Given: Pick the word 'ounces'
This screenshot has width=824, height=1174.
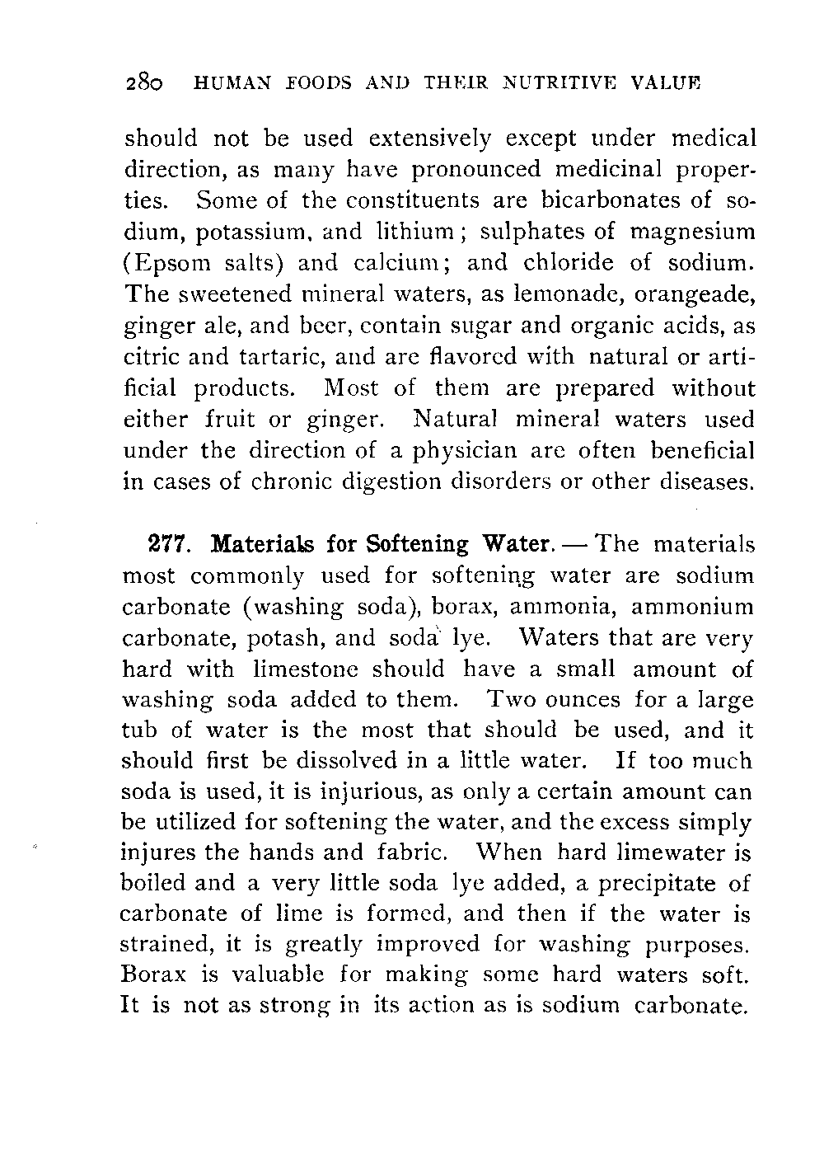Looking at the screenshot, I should coord(585,701).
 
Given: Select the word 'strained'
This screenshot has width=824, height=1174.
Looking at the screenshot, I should coord(165,945).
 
